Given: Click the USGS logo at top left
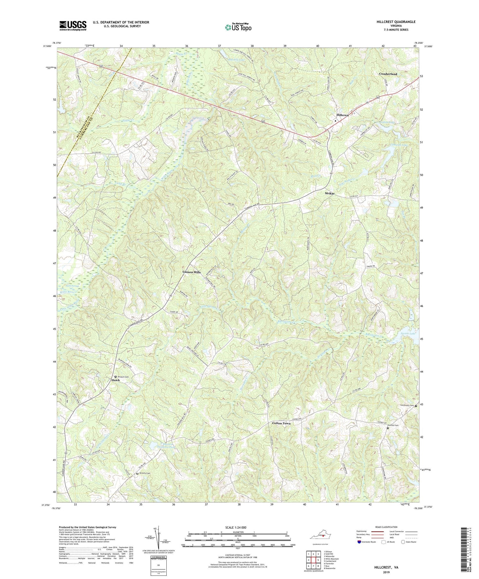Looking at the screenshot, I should point(72,26).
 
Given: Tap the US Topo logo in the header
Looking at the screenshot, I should point(238,27).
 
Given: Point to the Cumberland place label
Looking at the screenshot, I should point(388,74).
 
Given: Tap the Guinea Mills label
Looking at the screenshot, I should point(192,272).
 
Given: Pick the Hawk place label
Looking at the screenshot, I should point(116,381).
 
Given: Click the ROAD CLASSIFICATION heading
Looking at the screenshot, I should point(383,527).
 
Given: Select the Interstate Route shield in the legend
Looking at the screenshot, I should point(359,542).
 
